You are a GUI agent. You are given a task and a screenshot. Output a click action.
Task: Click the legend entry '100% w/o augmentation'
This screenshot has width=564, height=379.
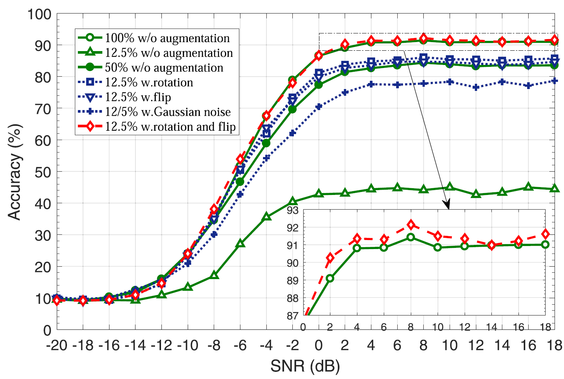[167, 38]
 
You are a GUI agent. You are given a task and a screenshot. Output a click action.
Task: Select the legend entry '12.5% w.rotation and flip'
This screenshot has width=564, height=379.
[170, 127]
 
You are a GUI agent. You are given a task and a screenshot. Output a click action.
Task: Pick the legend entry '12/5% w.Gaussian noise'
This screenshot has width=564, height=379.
[167, 112]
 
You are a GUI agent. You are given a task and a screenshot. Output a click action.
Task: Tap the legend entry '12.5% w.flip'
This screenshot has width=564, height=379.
[138, 97]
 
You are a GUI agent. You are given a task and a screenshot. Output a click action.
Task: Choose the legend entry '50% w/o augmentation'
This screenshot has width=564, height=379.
[164, 68]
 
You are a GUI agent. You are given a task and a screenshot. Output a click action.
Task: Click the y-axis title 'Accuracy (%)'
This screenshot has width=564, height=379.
[15, 172]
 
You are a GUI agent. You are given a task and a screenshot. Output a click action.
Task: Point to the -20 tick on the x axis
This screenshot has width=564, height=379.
[57, 345]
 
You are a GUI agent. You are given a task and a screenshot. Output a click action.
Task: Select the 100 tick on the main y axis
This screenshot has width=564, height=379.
[39, 14]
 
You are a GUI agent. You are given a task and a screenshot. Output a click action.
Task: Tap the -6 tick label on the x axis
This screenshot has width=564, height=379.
[240, 345]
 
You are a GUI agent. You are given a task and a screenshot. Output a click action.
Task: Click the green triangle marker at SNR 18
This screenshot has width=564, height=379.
[554, 189]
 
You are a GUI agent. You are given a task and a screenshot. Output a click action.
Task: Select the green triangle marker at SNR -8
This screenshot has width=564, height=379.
[214, 275]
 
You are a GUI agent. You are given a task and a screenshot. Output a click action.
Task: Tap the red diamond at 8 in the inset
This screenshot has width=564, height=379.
[410, 225]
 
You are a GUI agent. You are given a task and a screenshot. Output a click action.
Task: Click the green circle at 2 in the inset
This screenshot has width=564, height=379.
[330, 278]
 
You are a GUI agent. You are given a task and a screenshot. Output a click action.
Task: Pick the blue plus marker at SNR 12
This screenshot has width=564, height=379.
[476, 88]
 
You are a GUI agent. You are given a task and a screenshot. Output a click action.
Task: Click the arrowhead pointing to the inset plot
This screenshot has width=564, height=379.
[447, 205]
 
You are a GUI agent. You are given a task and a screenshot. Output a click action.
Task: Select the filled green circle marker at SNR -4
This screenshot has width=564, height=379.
[266, 143]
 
